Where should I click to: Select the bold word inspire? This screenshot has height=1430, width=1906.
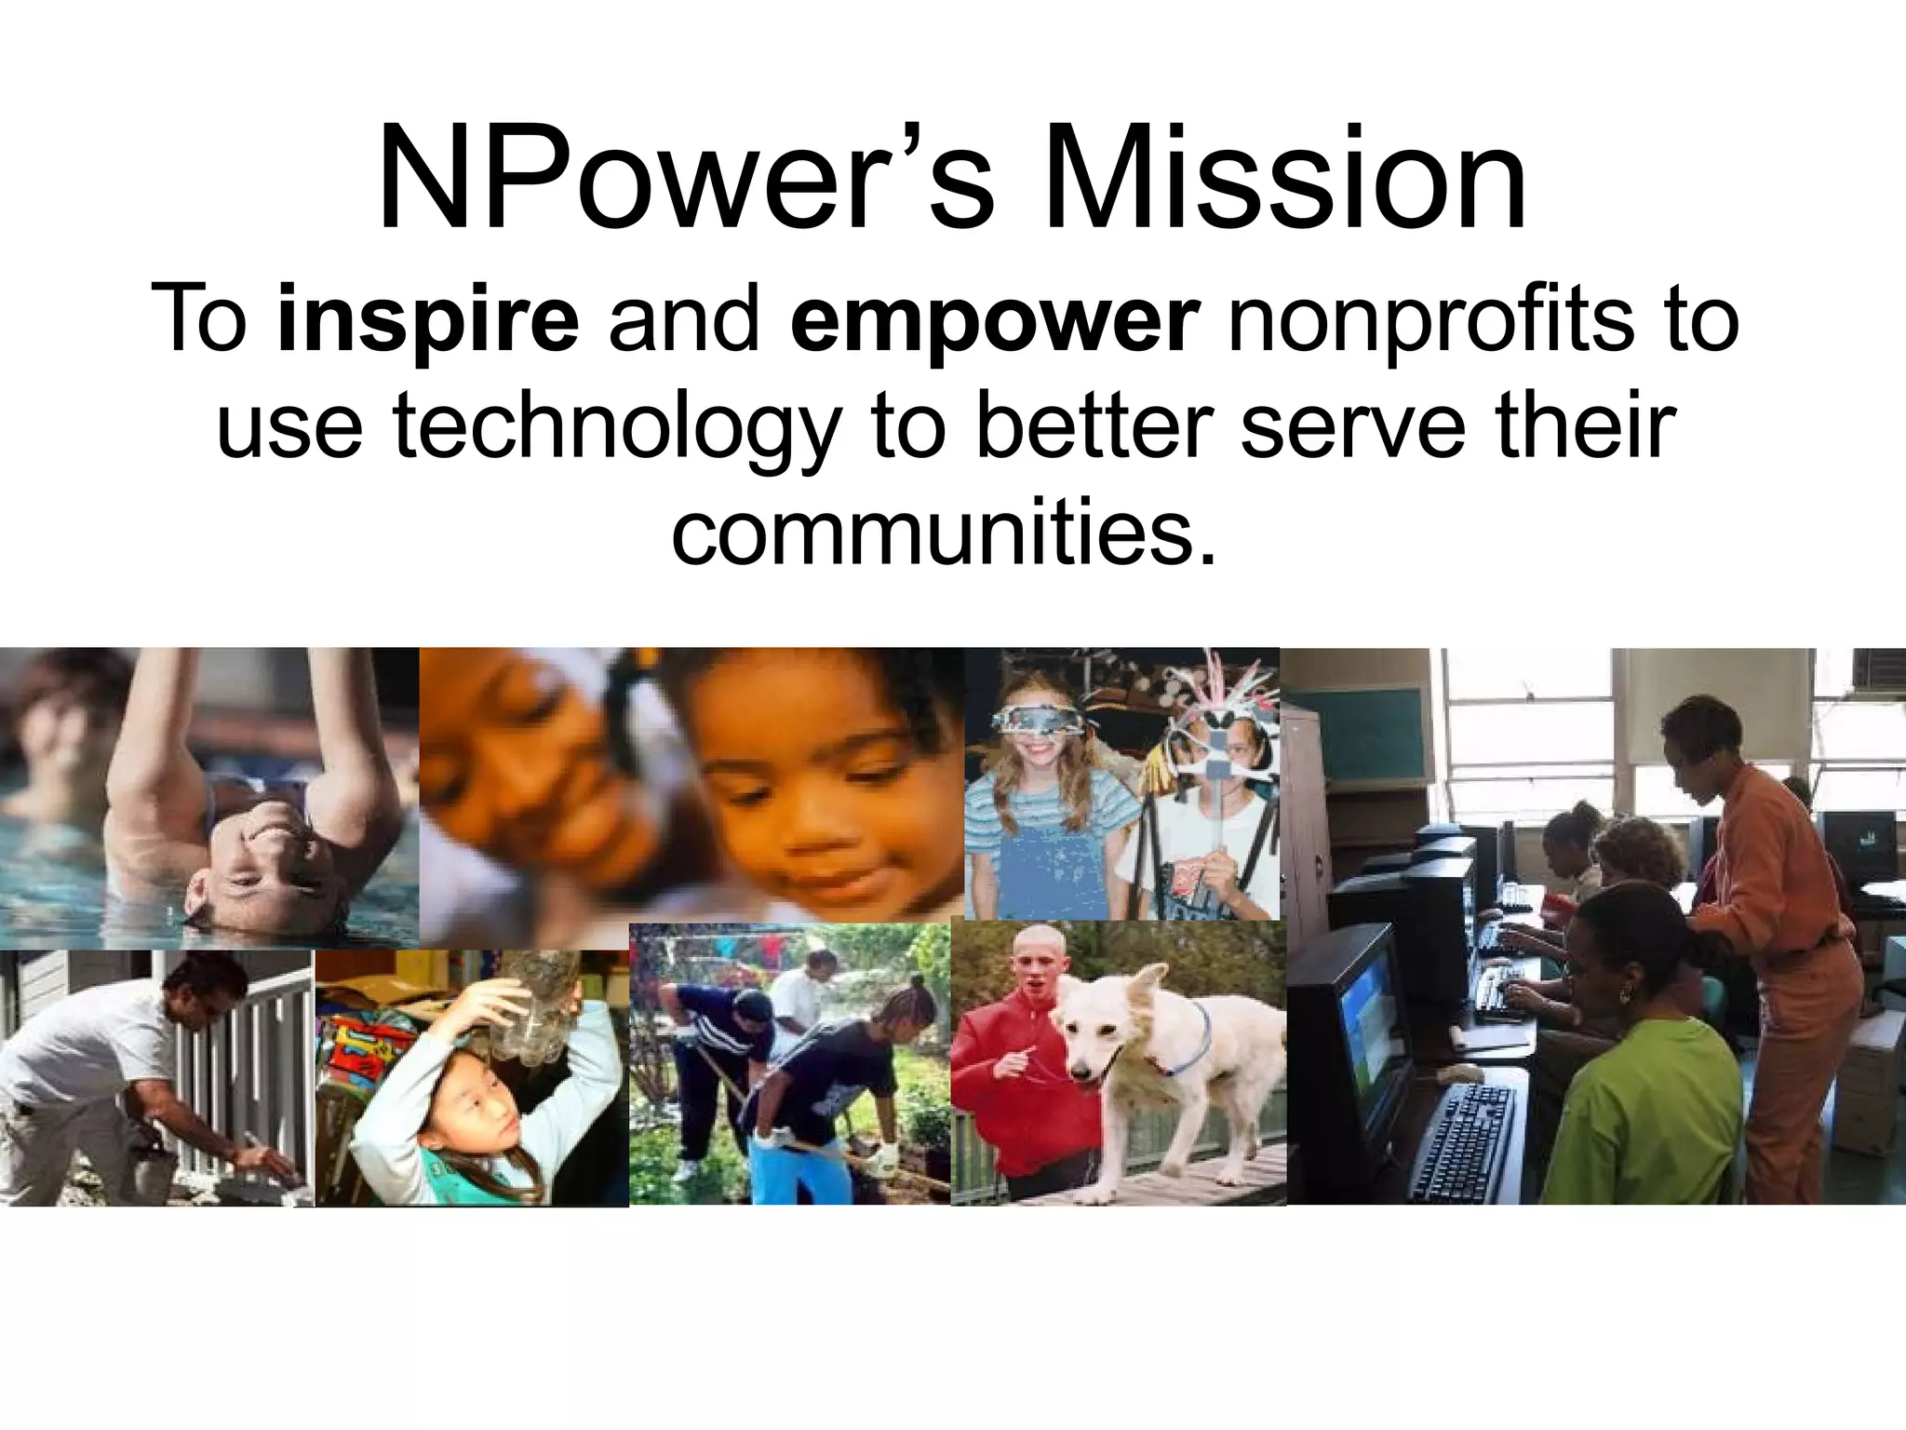[428, 321]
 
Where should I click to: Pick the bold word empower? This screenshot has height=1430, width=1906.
[992, 321]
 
